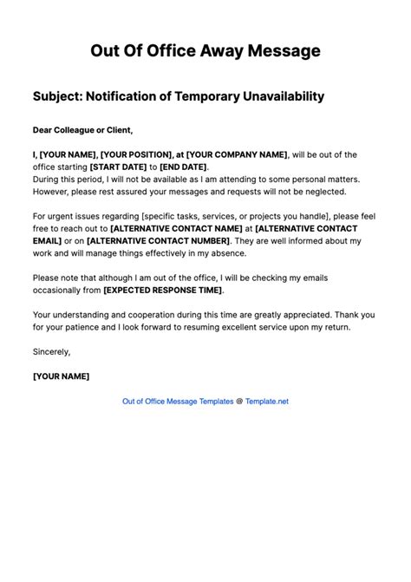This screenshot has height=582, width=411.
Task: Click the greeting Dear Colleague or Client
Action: coord(82,131)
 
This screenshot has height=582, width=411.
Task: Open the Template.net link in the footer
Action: coord(266,402)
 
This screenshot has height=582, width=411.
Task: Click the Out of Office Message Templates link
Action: coord(178,402)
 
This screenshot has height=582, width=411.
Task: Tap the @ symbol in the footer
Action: coord(239,402)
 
